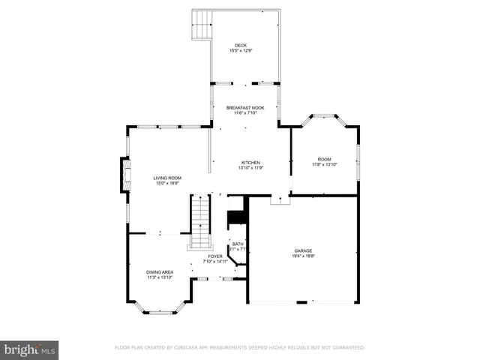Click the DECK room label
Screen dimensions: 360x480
coord(240,45)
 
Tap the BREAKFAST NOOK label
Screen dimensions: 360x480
coord(245,108)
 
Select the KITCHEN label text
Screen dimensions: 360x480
coord(250,163)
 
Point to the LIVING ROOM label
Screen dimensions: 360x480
coord(168,178)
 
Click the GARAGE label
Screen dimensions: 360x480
coord(303,250)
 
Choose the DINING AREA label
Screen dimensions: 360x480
coord(159,271)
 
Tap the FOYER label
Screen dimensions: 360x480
coord(215,256)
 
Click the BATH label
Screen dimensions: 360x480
coord(238,244)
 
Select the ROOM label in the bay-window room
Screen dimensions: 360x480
coord(324,159)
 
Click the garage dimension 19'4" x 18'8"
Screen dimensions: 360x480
coord(303,256)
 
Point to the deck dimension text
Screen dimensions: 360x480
coord(240,51)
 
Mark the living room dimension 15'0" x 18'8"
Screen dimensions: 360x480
coord(168,183)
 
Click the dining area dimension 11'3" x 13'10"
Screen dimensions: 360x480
coord(159,277)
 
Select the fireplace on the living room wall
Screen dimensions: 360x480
coord(125,175)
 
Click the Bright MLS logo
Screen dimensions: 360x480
coord(29,349)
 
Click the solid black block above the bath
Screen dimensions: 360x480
coord(238,217)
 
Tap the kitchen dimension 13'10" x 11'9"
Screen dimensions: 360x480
coord(250,168)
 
